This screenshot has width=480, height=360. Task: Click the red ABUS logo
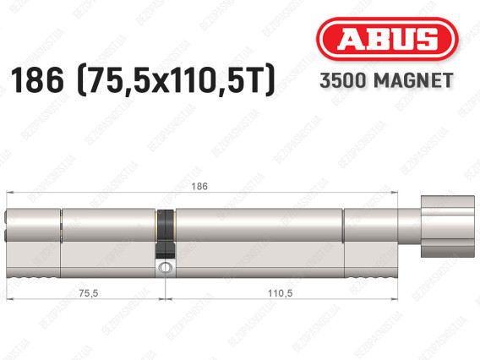pos(387,39)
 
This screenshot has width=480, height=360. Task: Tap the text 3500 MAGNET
pos(386,80)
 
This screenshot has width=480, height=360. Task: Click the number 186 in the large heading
pos(37,79)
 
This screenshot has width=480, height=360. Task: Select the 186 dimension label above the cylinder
pos(199,186)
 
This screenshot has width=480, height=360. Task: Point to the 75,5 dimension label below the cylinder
pos(89,293)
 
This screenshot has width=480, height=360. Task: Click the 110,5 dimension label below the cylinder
pos(280,293)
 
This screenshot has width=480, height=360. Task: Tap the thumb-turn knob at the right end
pos(448,226)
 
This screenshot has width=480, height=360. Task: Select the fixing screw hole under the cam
pos(166,267)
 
